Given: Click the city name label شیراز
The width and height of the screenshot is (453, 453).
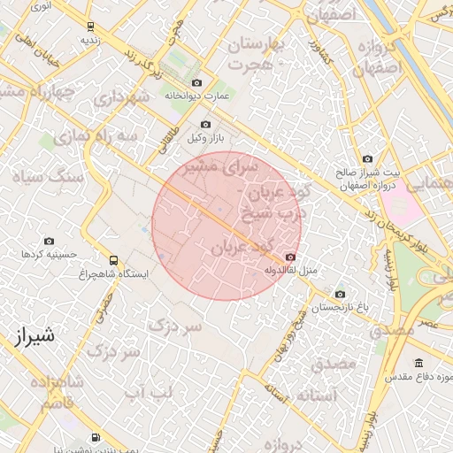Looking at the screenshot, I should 36,335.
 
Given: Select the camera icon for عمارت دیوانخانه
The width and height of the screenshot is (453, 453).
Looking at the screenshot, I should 196,82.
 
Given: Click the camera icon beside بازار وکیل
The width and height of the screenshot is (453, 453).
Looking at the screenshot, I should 205,125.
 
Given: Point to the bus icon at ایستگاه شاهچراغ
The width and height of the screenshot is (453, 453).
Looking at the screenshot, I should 113,260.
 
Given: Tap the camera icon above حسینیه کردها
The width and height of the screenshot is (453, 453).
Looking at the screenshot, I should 49,241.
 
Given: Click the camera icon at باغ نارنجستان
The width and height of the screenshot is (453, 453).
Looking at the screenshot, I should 339,295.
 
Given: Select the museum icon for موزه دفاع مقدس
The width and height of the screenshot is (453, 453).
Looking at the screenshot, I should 418,363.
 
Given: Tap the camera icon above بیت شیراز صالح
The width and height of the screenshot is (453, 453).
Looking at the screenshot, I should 367,158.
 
